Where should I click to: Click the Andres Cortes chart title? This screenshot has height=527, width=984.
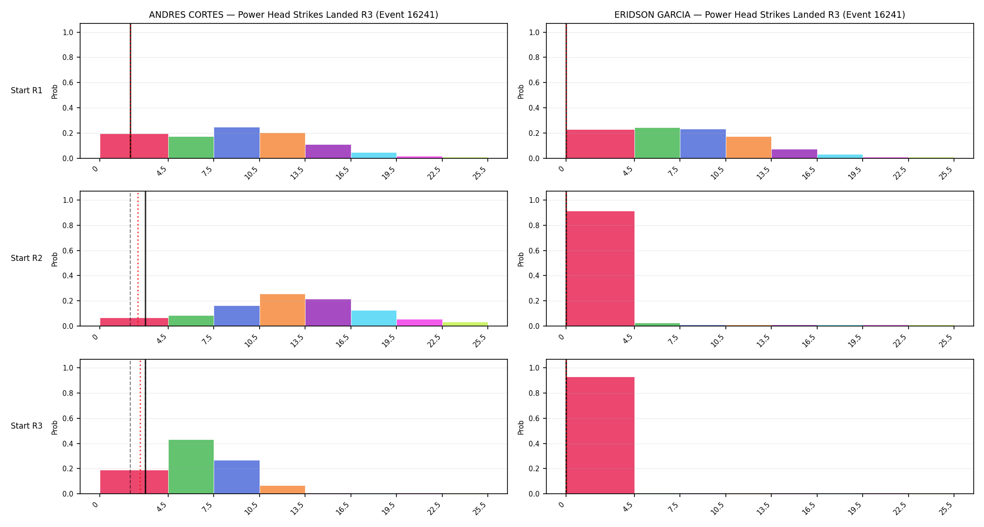point(293,15)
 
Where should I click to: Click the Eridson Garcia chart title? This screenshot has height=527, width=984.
point(760,15)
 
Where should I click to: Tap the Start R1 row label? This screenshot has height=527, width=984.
point(27,90)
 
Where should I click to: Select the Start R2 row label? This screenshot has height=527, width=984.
point(27,258)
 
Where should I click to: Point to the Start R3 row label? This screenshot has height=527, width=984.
point(27,426)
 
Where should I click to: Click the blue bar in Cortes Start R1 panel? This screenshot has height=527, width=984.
point(237,143)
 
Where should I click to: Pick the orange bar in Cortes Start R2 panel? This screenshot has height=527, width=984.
point(283,310)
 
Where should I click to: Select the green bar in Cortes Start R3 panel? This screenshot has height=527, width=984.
point(191,467)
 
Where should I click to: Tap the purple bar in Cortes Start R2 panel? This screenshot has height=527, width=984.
point(328,312)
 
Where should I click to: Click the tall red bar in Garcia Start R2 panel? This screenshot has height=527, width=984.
point(600,268)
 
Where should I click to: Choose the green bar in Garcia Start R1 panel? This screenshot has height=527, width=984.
point(657,143)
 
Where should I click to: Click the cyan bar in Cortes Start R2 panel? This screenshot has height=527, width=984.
point(374,318)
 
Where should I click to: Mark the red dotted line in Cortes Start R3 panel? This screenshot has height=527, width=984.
point(140,427)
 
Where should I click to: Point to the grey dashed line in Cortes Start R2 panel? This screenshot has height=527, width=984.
point(130,259)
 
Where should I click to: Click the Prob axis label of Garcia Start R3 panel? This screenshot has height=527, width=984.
point(521,427)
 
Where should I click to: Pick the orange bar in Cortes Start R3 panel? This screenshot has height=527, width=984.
point(283,490)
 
